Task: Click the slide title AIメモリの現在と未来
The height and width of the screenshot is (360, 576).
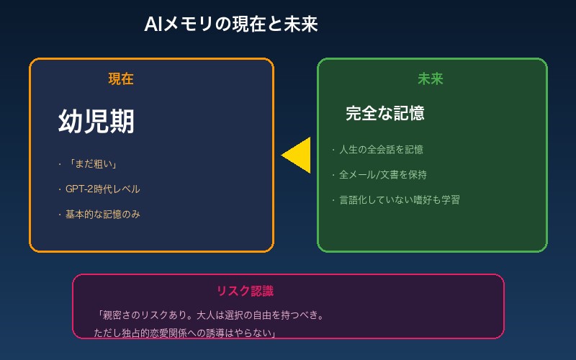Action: point(231,24)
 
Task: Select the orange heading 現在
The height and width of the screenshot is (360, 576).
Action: point(121,79)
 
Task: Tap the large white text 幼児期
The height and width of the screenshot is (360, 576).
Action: point(96,122)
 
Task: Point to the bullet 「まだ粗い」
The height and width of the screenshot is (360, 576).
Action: point(93,164)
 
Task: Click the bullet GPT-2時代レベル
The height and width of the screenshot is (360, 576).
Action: point(102,189)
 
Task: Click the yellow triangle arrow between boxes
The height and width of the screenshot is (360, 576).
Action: point(298,155)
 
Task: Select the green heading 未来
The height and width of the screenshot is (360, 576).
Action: point(431,79)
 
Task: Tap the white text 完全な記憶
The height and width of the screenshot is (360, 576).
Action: point(384,113)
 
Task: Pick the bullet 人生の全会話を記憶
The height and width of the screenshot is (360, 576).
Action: point(381,150)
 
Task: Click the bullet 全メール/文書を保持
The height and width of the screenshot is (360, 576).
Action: point(382,175)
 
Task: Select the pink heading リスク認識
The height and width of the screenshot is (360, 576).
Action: point(245,291)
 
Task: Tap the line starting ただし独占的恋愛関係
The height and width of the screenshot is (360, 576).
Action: point(186,333)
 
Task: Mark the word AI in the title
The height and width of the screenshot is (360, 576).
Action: point(153,24)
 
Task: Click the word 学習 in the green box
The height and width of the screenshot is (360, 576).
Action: point(449,199)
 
